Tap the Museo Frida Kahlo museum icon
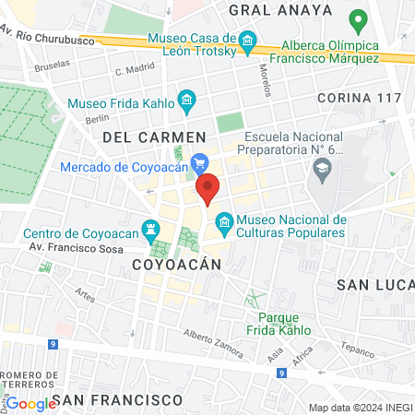click(187, 99)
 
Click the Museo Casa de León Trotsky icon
click(247, 42)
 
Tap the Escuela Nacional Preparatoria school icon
click(322, 167)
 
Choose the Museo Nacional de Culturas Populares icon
click(223, 221)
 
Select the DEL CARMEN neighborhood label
click(140, 136)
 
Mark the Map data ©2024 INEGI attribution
click(360, 408)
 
